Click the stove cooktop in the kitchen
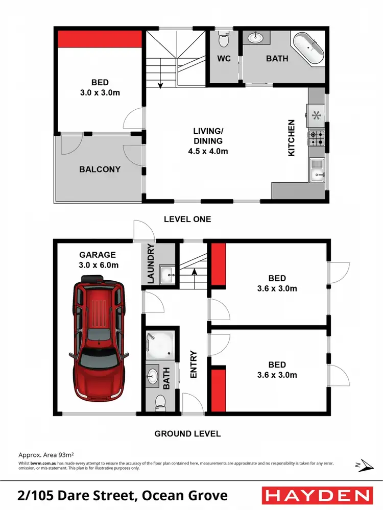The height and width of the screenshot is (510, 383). tap(316, 137)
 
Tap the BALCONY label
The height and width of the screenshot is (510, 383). tap(100, 169)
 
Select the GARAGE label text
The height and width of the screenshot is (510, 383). tap(98, 255)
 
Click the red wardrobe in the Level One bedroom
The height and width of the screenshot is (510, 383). tap(99, 38)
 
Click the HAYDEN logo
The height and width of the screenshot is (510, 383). tap(317, 495)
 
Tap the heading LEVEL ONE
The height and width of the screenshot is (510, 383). tap(187, 219)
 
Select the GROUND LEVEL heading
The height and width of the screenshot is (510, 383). tap(187, 433)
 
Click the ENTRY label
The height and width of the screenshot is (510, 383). tap(194, 365)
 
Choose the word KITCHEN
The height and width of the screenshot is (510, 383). tap(292, 138)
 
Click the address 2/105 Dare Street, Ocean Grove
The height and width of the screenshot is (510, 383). tap(122, 495)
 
